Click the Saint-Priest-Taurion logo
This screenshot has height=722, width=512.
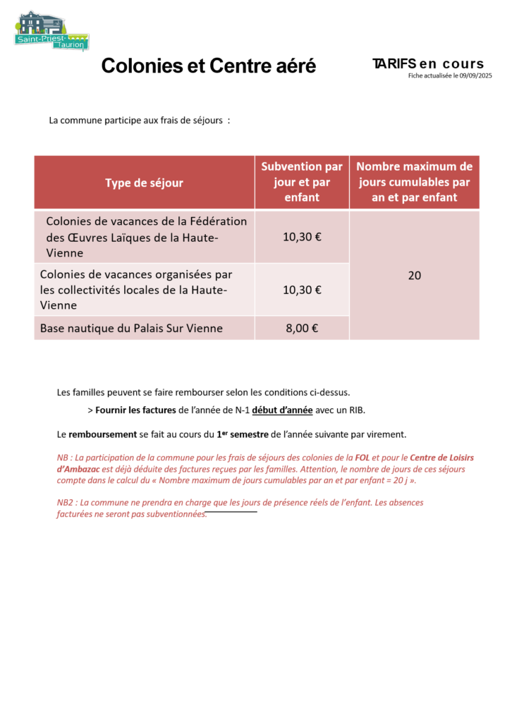click(x=51, y=32)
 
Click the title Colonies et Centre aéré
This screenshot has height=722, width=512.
click(x=209, y=66)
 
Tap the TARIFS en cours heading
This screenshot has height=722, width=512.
click(x=428, y=64)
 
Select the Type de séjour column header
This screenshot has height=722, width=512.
click(x=144, y=183)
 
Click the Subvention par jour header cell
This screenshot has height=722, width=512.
click(x=302, y=182)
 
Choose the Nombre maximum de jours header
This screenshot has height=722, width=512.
click(x=414, y=182)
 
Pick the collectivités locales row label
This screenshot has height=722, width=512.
click(x=136, y=289)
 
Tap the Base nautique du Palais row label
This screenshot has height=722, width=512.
click(x=131, y=328)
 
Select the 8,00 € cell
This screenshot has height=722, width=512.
click(x=302, y=328)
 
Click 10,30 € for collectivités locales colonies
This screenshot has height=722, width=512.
click(x=302, y=289)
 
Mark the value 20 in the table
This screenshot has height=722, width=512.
click(x=414, y=276)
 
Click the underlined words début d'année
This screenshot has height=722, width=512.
click(x=282, y=410)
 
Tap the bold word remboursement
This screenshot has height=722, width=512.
click(x=98, y=434)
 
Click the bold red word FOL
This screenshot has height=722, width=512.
click(x=362, y=458)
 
